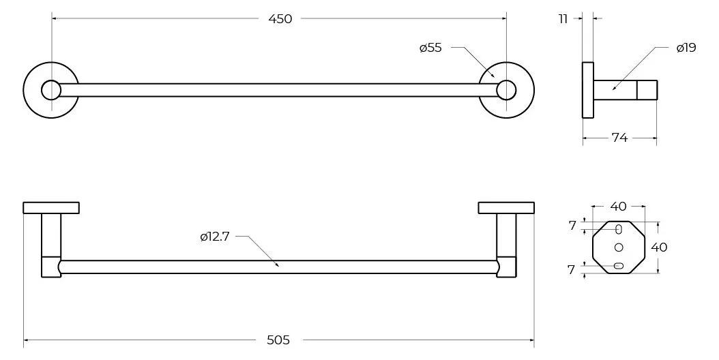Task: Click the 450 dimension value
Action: pos(280,19)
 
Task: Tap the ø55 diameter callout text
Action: pos(430,48)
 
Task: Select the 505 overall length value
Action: pos(278,340)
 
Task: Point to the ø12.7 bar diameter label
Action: pos(214,237)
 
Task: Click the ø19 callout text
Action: pos(686,48)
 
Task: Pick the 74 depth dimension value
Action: pos(619,137)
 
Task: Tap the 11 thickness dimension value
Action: pos(563,19)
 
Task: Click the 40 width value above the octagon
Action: pos(618,207)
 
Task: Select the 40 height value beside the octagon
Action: pos(659,247)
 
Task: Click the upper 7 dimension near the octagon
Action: pos(572,226)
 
